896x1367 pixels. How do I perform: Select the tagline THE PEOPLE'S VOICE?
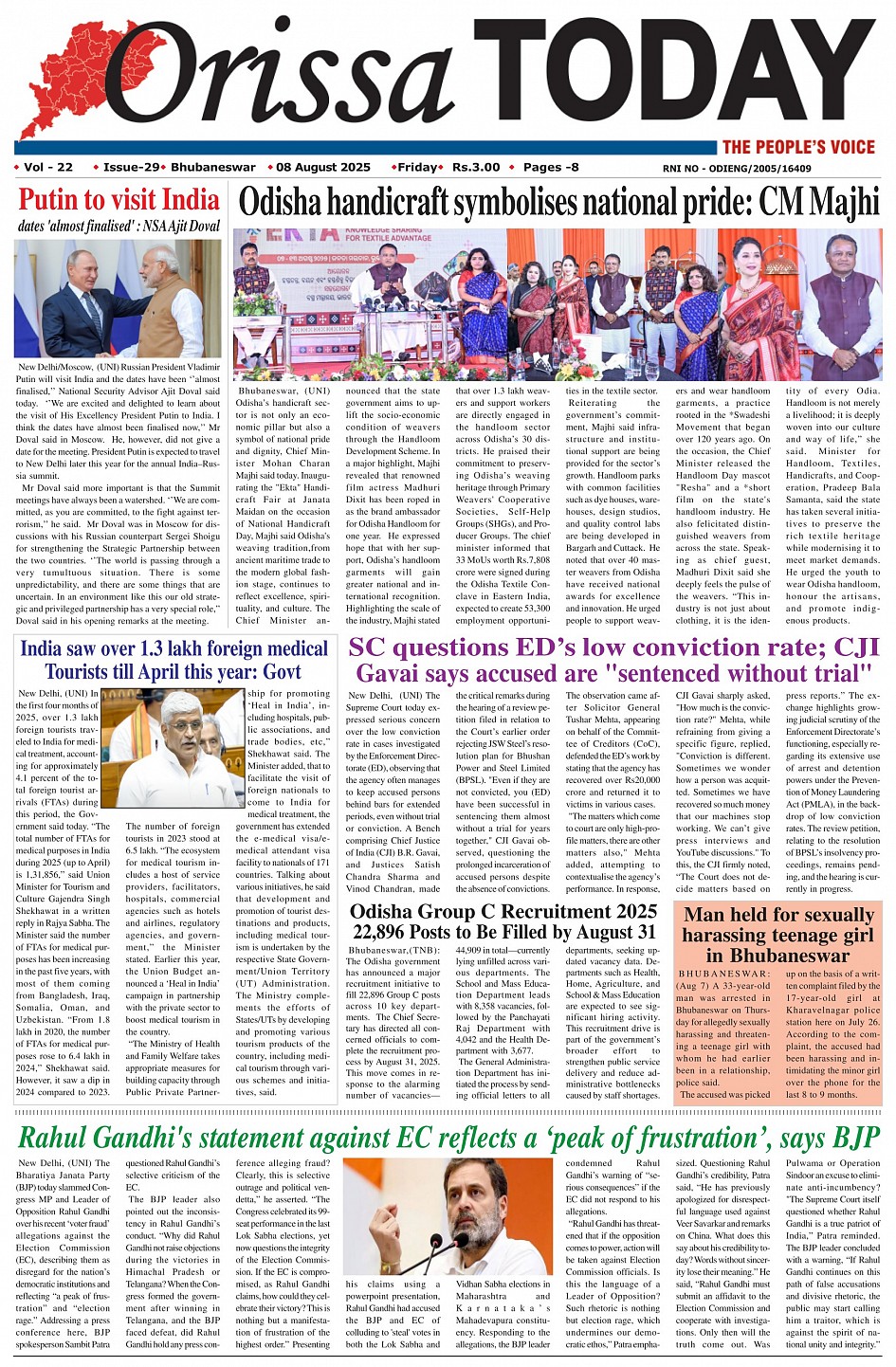point(797,147)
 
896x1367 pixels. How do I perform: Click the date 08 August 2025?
point(323,168)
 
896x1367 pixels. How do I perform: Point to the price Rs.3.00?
point(476,168)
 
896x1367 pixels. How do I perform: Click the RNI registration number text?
point(737,169)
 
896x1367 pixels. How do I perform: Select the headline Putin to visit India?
point(119,200)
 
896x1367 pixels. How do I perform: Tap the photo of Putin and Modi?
point(119,298)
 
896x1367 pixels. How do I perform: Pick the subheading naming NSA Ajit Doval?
point(119,227)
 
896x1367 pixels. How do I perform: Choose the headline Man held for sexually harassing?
point(777,935)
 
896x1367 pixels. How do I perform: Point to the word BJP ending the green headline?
point(851,1137)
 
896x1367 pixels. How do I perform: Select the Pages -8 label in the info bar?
point(551,168)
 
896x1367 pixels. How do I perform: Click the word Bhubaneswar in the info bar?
point(213,168)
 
